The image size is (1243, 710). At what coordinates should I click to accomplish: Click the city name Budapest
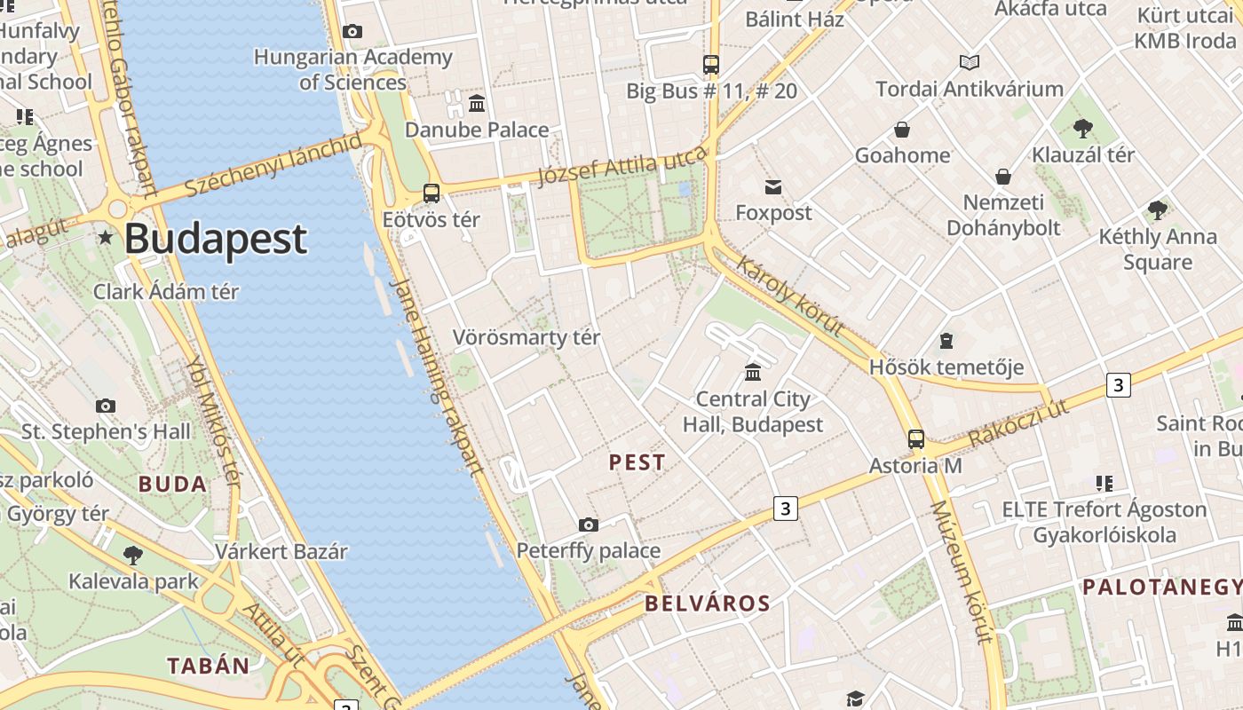(x=216, y=239)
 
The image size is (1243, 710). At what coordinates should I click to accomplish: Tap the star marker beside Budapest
(x=106, y=237)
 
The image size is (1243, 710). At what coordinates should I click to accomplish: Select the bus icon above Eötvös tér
(x=431, y=193)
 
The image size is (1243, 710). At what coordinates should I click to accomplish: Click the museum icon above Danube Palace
(x=477, y=104)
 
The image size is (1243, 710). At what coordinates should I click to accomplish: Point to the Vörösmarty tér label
(x=526, y=337)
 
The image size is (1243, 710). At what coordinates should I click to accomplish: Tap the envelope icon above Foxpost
(x=773, y=186)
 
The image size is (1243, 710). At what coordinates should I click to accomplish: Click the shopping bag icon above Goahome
(x=902, y=130)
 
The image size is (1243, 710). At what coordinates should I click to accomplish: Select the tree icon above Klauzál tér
(x=1082, y=128)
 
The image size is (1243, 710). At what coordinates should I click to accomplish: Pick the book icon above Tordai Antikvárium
(x=970, y=62)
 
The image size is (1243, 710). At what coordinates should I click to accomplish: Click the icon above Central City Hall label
(x=753, y=372)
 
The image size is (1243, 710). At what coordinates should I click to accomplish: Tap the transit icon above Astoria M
(x=915, y=439)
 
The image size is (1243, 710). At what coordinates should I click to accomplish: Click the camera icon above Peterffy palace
(x=588, y=525)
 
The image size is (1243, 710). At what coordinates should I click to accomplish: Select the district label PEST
(x=637, y=462)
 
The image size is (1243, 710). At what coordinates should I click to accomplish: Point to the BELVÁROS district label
(x=708, y=603)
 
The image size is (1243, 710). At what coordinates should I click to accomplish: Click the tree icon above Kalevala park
(x=133, y=556)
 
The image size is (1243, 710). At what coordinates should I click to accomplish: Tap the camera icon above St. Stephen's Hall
(x=106, y=406)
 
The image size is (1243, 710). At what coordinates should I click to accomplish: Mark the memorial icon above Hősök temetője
(x=946, y=341)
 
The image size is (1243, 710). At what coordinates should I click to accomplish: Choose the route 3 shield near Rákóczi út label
(x=1118, y=384)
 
